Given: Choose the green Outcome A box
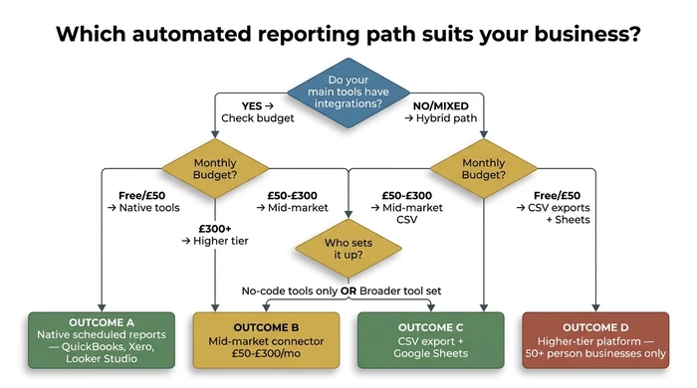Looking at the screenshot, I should click(x=101, y=339).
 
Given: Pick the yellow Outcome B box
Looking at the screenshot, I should click(x=267, y=339).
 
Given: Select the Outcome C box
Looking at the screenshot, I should click(x=431, y=339).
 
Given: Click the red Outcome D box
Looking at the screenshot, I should click(x=596, y=339).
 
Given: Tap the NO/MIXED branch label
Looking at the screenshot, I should click(x=440, y=104).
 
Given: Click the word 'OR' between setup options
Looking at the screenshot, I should click(x=348, y=291).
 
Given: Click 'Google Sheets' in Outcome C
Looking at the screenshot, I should click(x=431, y=353).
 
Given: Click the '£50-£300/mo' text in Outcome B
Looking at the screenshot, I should click(x=267, y=353).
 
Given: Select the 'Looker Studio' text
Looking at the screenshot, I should click(x=101, y=359).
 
